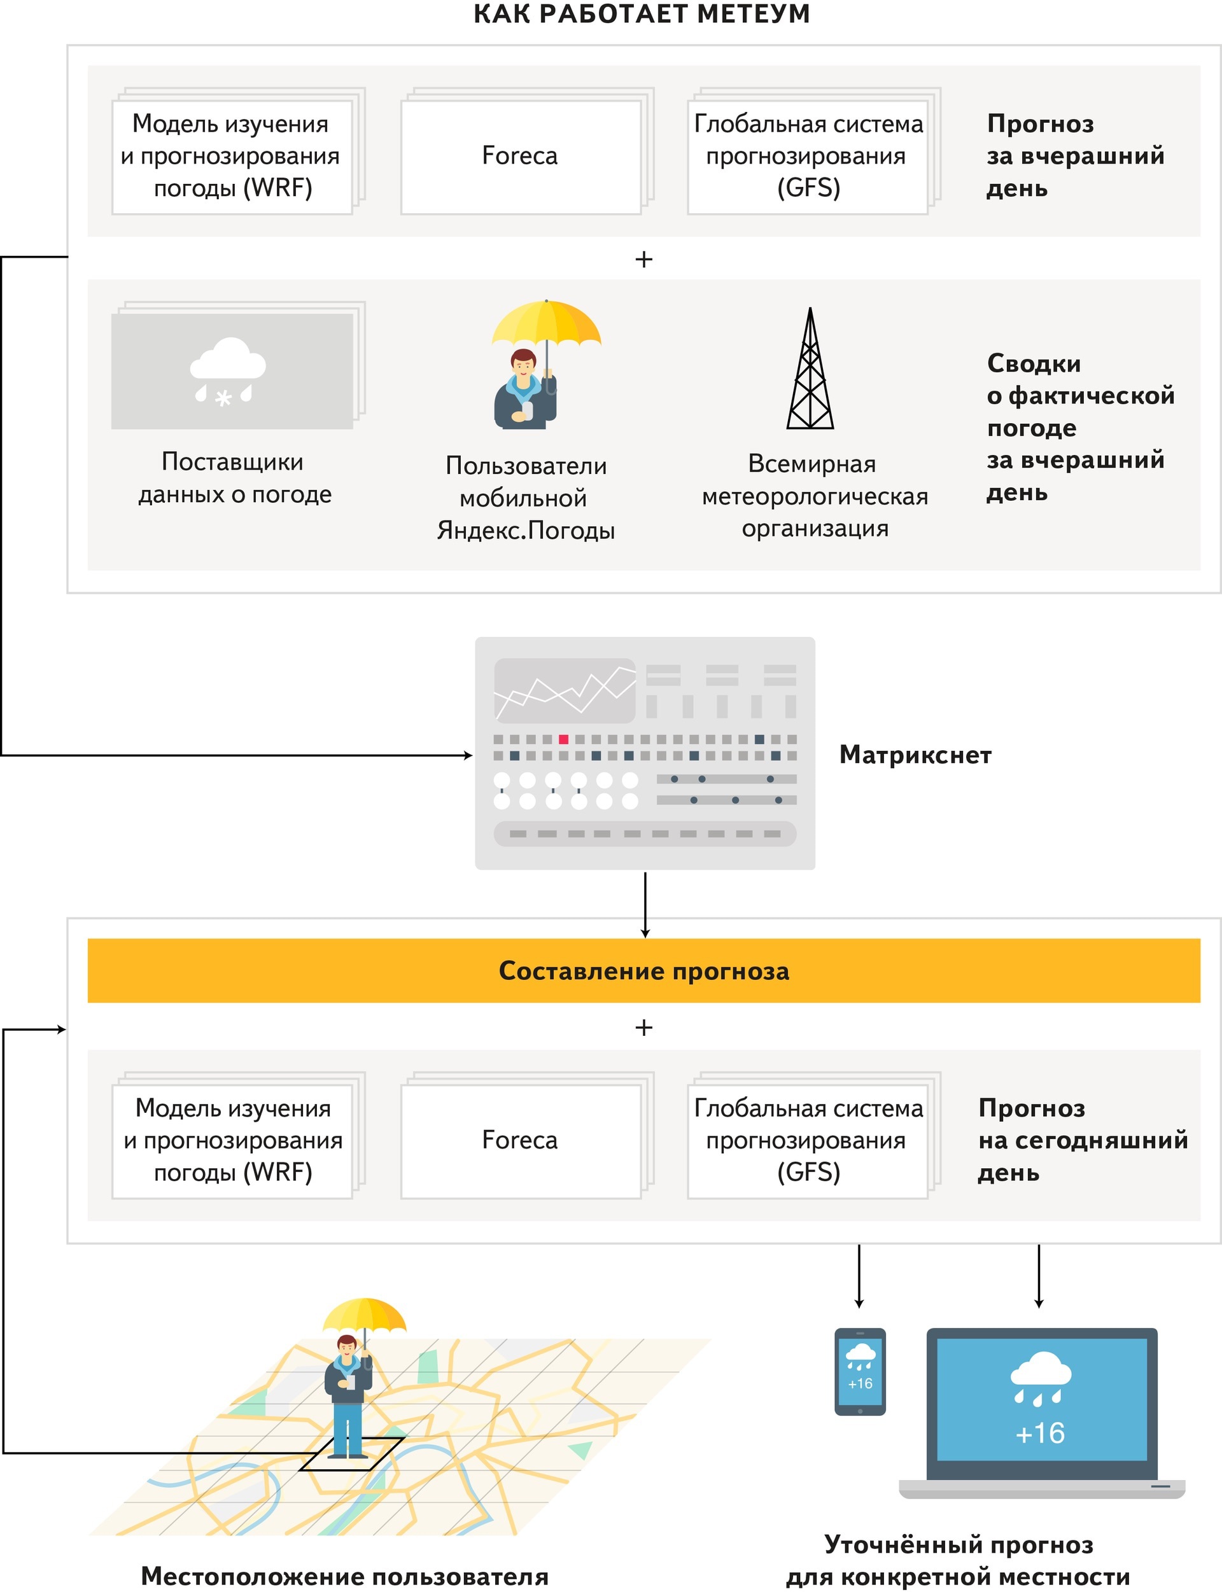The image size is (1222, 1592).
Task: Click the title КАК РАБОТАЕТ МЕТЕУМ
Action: tap(642, 14)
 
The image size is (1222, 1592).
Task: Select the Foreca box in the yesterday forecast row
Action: tap(520, 157)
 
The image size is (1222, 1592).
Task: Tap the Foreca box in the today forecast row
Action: tap(520, 1140)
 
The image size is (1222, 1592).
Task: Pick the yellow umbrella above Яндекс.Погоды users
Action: tap(545, 324)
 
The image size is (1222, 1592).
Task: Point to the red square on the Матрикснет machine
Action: tap(563, 739)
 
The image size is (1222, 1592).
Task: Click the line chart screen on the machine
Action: tap(565, 690)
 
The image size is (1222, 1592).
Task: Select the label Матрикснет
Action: tap(915, 755)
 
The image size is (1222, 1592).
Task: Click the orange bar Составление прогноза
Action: tap(643, 971)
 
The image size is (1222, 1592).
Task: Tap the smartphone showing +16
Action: tap(860, 1372)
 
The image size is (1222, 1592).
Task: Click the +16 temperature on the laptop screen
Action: tap(1040, 1434)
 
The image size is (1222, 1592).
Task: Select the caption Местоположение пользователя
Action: tap(344, 1575)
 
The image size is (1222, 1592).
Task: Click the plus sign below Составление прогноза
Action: tap(643, 1027)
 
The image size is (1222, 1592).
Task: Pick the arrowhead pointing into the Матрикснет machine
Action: tap(468, 755)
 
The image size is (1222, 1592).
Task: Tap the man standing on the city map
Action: tap(348, 1397)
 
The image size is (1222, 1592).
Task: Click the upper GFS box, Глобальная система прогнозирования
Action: tap(808, 157)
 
